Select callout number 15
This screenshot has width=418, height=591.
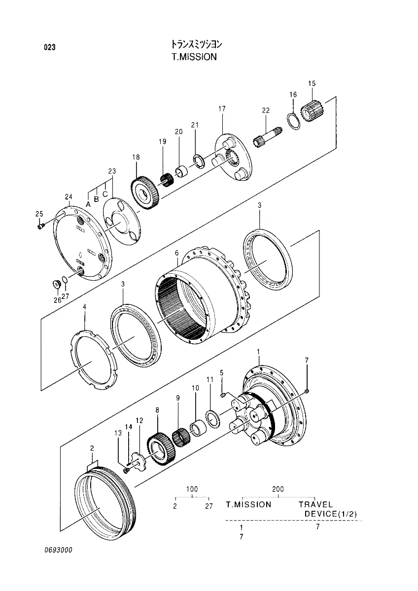[x=312, y=84]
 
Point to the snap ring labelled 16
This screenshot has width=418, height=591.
[x=293, y=121]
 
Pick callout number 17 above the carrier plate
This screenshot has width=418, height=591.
[x=222, y=108]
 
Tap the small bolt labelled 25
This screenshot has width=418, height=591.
[x=41, y=226]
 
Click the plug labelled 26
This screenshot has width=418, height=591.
[x=57, y=285]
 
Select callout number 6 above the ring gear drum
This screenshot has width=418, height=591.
[x=176, y=253]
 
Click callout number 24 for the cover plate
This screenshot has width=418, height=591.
[x=69, y=197]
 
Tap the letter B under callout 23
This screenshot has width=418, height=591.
[x=97, y=199]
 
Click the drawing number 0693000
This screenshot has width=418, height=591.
[x=57, y=550]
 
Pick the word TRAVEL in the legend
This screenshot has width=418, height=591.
[x=316, y=504]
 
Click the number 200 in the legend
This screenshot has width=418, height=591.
[x=278, y=489]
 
